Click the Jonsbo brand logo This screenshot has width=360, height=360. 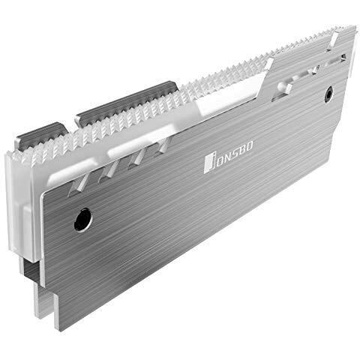pyautogui.click(x=228, y=157)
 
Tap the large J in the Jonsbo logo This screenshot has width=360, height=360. pyautogui.click(x=209, y=164)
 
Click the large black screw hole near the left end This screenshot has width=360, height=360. pyautogui.click(x=83, y=220)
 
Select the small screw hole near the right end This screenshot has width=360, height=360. pyautogui.click(x=329, y=94)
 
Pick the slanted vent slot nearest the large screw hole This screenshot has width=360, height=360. pyautogui.click(x=78, y=184)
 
